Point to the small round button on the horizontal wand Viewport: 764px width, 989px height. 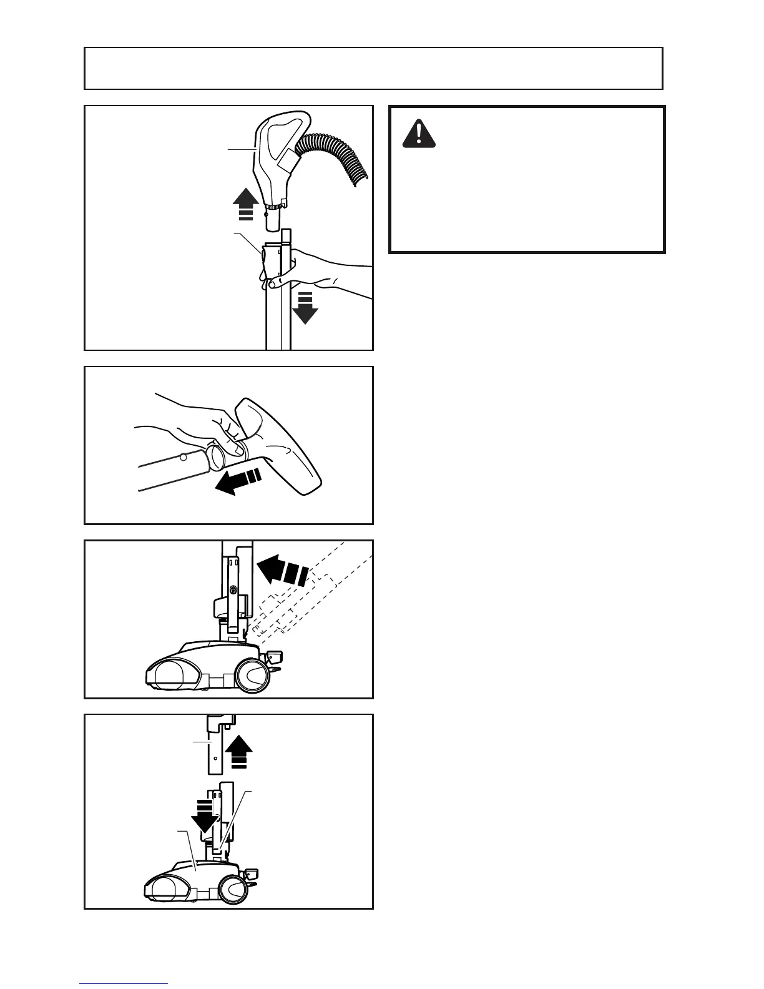tap(184, 458)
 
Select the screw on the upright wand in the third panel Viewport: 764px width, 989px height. tap(233, 589)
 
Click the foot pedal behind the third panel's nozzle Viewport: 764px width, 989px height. tap(274, 657)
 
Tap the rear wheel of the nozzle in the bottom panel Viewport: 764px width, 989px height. tap(234, 888)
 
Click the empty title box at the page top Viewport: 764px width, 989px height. tap(373, 68)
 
